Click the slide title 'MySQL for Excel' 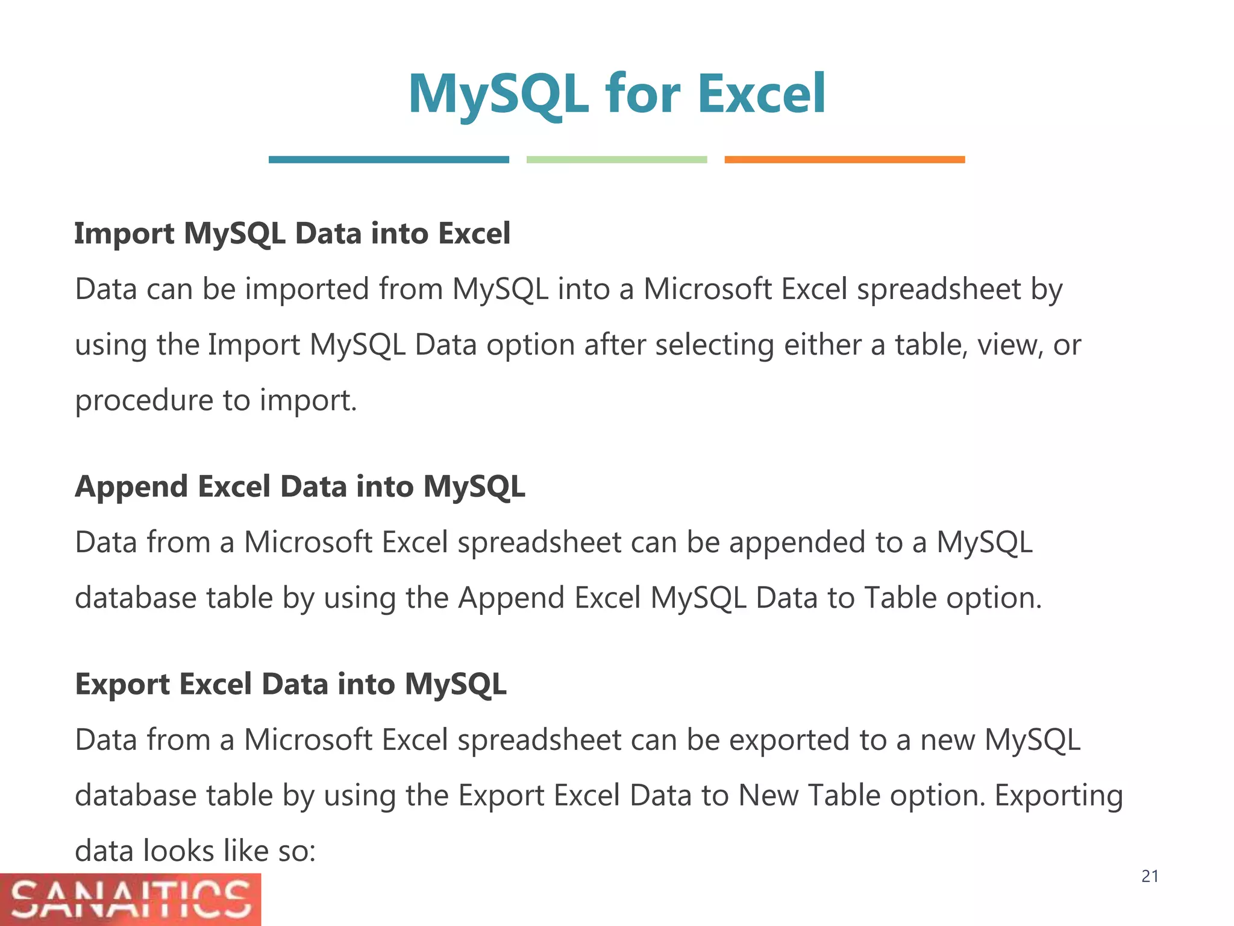click(x=616, y=93)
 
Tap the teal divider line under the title click(x=389, y=160)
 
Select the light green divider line click(x=616, y=160)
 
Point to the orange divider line click(x=844, y=160)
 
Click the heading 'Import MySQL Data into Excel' click(x=292, y=233)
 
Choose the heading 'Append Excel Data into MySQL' click(x=300, y=487)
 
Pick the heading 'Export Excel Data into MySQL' click(x=290, y=684)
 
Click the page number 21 click(x=1150, y=877)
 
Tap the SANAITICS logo click(x=130, y=899)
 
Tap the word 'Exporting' click(x=1058, y=796)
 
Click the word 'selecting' click(x=714, y=345)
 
